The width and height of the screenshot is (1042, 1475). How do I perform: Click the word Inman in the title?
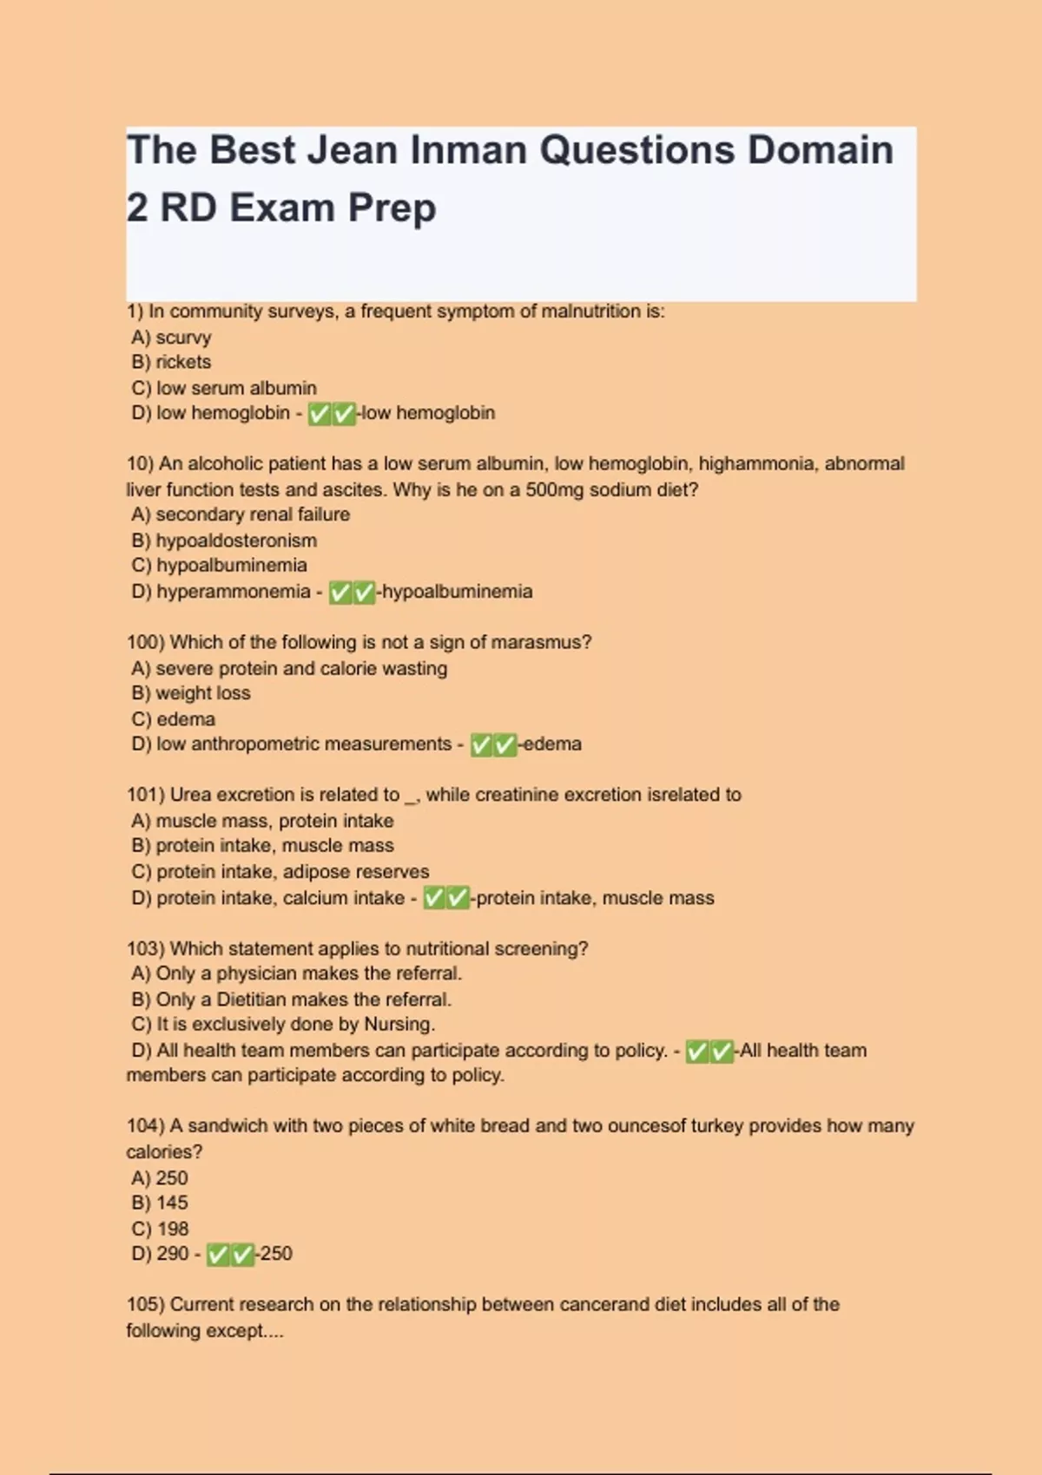(467, 150)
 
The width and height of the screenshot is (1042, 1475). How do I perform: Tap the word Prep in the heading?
(392, 208)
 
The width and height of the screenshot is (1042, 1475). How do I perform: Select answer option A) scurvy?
(172, 337)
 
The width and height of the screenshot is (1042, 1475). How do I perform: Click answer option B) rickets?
(171, 362)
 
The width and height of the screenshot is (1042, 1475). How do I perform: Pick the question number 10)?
(139, 463)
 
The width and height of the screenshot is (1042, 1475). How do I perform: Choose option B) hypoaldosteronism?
(224, 540)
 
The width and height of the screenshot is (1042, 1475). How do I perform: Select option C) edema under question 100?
(174, 718)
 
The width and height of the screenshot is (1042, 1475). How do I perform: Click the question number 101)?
(145, 795)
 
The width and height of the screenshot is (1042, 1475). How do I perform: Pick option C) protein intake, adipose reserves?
(280, 871)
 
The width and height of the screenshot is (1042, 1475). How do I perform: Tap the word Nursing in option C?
(397, 1024)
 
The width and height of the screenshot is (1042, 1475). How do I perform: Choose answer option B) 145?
(160, 1203)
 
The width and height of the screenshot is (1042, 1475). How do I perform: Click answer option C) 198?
(160, 1229)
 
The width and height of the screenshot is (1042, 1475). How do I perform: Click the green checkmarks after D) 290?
(230, 1255)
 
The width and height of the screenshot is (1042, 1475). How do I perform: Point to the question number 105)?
(145, 1304)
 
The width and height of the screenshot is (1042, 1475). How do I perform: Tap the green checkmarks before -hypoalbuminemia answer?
(353, 593)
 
